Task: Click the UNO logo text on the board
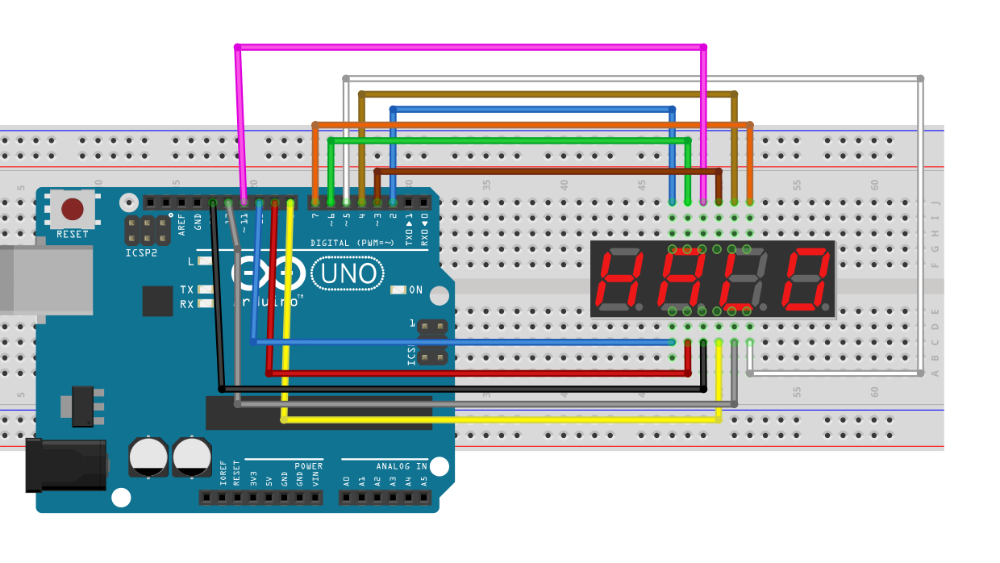tap(349, 274)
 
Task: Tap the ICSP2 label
tap(140, 252)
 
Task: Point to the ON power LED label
tap(416, 290)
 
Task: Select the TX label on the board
tap(186, 290)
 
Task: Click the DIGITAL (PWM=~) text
tap(352, 243)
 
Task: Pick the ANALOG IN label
tap(401, 466)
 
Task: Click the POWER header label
tap(308, 466)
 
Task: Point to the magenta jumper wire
tap(468, 48)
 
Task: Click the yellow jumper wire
tap(500, 419)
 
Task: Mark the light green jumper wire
tap(508, 140)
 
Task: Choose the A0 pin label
tap(346, 481)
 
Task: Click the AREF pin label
tap(182, 223)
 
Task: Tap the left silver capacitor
tap(149, 457)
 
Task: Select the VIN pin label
tap(315, 481)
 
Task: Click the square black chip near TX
tap(157, 301)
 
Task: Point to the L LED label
tap(190, 261)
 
